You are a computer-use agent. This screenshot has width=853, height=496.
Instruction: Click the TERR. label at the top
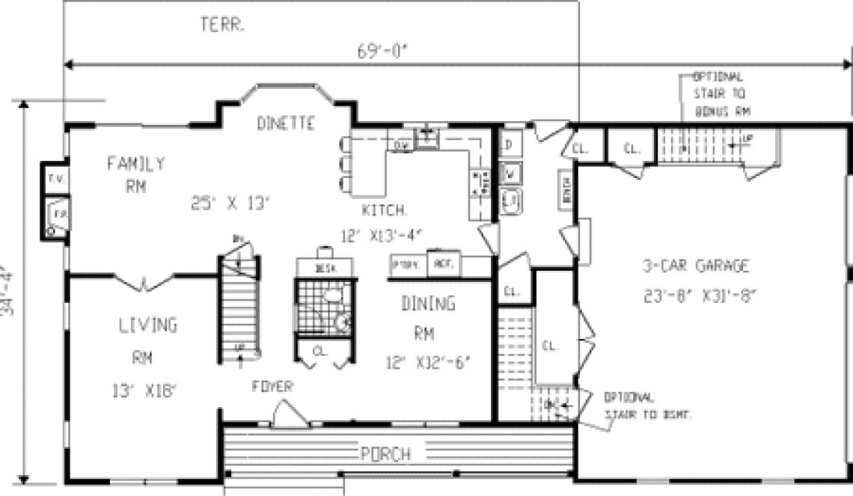click(224, 24)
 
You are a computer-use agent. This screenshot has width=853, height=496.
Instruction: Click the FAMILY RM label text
click(135, 174)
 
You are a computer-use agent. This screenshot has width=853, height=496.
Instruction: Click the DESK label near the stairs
click(323, 268)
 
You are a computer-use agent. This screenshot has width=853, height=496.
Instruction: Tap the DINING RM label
click(427, 317)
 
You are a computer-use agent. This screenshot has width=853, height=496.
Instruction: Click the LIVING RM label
click(147, 341)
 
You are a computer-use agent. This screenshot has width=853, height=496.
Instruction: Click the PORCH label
click(385, 453)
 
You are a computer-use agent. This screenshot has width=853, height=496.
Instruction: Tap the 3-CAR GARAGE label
click(695, 266)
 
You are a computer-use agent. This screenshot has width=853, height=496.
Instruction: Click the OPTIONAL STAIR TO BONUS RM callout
click(719, 94)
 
